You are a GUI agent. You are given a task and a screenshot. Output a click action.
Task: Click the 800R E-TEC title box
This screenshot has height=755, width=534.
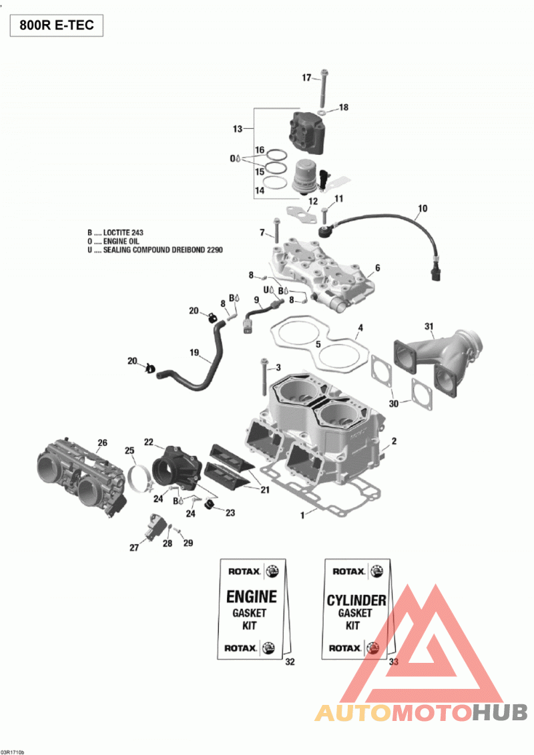tap(57, 25)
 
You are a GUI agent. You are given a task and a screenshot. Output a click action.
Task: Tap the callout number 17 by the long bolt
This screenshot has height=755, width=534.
tap(306, 77)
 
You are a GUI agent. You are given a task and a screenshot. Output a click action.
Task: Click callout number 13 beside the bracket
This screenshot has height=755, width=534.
tap(238, 129)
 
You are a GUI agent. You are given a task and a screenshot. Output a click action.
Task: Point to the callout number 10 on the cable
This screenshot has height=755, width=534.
tap(423, 208)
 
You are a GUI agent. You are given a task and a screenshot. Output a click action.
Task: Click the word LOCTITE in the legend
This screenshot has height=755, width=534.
tap(116, 232)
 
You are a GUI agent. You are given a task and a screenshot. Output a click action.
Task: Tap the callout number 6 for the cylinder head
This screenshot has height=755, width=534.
tap(378, 268)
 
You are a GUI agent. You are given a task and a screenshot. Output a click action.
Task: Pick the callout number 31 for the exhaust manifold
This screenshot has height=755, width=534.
tap(429, 326)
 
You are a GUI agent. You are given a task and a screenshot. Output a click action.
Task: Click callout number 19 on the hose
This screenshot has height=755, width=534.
tap(194, 352)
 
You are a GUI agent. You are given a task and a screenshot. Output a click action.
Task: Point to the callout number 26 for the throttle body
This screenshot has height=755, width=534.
tap(102, 443)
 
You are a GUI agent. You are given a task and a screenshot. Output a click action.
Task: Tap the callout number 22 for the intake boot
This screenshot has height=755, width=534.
tap(148, 442)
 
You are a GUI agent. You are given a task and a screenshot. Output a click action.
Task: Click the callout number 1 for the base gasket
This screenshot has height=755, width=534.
tap(302, 515)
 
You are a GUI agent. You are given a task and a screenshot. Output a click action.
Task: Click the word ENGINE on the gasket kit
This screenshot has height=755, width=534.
tap(252, 597)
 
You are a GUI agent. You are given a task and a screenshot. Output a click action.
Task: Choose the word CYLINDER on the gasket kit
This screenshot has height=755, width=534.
tap(356, 600)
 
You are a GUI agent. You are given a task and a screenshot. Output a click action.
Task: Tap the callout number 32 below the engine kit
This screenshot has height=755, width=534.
tap(290, 662)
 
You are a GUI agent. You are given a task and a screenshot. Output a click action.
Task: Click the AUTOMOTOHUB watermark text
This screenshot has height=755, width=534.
tap(421, 712)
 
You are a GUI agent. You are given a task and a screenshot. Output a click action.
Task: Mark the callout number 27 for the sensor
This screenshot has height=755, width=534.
tap(134, 547)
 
